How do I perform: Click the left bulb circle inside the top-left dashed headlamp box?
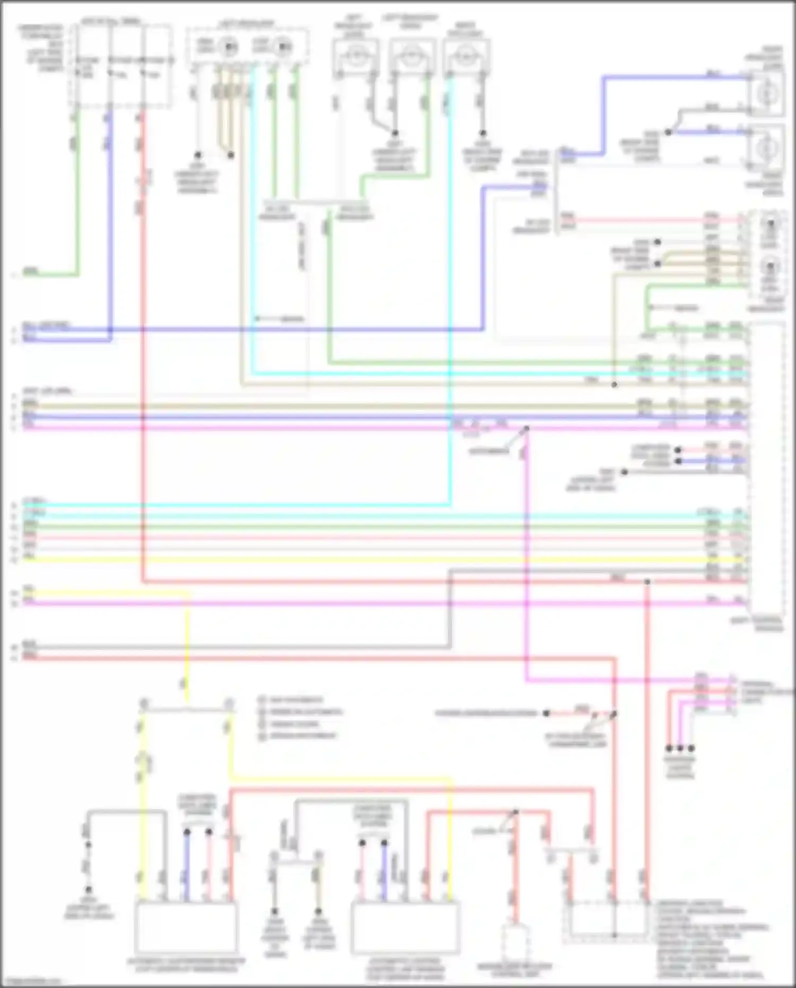229,47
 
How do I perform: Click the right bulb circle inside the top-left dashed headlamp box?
283,47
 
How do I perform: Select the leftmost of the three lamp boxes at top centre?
356,55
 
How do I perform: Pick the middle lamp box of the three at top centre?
410,55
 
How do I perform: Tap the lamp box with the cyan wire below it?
465,55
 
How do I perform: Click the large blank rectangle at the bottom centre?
405,927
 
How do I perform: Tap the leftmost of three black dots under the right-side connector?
669,748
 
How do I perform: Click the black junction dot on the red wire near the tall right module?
647,582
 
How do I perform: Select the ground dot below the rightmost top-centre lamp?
482,133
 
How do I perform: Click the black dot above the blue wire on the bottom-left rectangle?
187,832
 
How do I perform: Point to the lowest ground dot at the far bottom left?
89,889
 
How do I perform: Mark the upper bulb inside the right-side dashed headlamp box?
769,226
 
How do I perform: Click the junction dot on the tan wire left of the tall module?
614,384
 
